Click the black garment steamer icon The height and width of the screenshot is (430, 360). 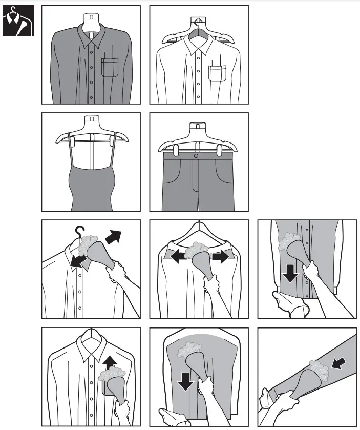point(18,20)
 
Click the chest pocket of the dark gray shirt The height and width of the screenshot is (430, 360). point(110,67)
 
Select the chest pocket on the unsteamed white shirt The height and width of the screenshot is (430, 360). point(218,73)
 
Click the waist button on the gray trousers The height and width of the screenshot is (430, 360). point(196,155)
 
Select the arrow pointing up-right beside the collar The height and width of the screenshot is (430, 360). point(114,237)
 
